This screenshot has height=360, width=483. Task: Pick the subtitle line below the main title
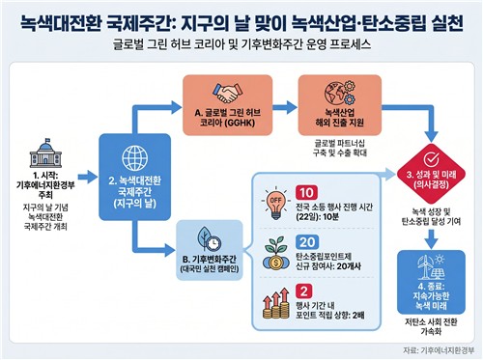pyautogui.click(x=241, y=44)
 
